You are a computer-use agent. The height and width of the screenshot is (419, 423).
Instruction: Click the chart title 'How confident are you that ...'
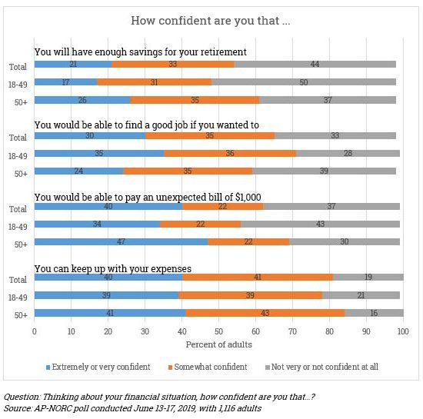[x=211, y=21]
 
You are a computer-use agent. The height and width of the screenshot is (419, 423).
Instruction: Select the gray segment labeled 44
[x=315, y=64]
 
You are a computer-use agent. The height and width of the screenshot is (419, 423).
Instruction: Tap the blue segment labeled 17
[x=66, y=82]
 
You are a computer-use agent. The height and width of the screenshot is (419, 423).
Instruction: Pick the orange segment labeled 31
[x=155, y=82]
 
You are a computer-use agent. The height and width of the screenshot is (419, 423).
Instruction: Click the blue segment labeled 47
[x=121, y=241]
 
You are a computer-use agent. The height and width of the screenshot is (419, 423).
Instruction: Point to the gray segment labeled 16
[x=375, y=313]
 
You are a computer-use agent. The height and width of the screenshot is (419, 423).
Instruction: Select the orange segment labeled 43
[x=265, y=313]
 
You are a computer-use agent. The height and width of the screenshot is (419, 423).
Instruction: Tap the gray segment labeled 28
[x=348, y=154]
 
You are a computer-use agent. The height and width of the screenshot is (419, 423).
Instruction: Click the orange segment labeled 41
[x=258, y=278]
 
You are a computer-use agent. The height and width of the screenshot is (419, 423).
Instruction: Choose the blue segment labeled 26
[x=82, y=100]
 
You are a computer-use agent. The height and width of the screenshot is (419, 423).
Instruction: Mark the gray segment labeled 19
[x=368, y=278]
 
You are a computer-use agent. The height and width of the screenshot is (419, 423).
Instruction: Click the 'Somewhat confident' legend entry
[x=208, y=367]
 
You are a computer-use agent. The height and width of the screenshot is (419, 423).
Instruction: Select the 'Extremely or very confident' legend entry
[x=98, y=367]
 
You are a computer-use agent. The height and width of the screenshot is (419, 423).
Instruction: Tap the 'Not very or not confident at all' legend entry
[x=321, y=367]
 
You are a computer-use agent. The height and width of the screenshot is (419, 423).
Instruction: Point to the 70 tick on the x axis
[x=293, y=331]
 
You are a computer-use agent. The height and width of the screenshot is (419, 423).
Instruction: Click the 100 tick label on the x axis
[x=403, y=331]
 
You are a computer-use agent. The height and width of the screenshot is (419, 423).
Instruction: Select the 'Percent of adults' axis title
[x=218, y=344]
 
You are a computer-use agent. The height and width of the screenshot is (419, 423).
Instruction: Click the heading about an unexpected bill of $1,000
[x=148, y=197]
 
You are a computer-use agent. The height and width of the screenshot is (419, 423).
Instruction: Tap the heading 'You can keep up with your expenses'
[x=113, y=269]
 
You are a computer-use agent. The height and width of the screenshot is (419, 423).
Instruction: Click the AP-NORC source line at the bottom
[x=132, y=408]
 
